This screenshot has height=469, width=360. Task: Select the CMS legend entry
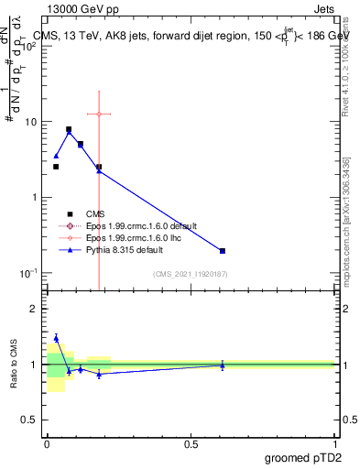coord(95,213)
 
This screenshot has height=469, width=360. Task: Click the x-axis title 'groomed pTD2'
coord(304,456)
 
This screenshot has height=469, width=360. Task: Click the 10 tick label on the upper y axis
coord(30,122)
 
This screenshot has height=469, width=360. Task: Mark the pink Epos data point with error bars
coord(99,114)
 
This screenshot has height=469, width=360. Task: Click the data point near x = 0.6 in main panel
coord(223,251)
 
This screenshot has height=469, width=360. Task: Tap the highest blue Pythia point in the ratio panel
coord(56,338)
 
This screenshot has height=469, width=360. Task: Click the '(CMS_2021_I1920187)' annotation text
coord(189,274)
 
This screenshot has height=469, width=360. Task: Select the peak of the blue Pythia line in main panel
coord(69,132)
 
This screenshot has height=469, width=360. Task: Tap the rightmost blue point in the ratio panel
coord(223,365)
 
